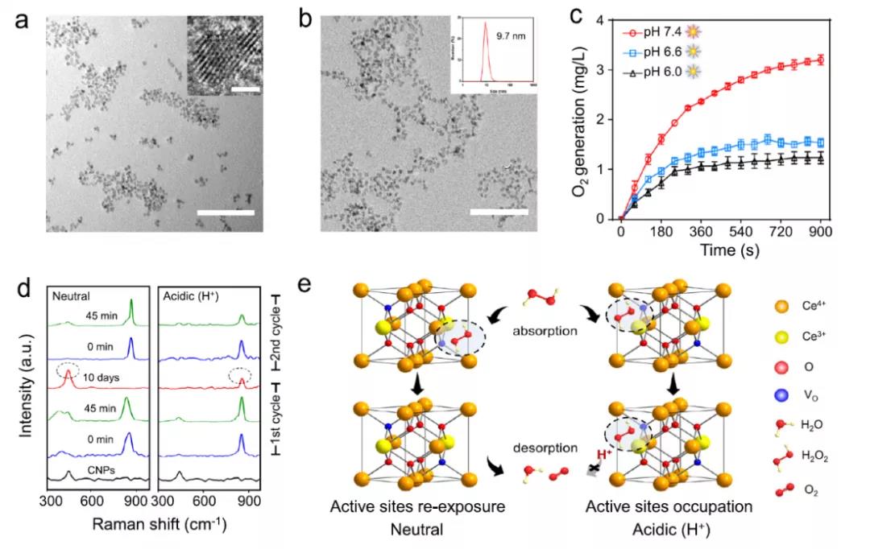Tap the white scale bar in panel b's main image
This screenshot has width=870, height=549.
(x=499, y=213)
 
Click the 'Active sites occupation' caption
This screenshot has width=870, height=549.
(x=669, y=507)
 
